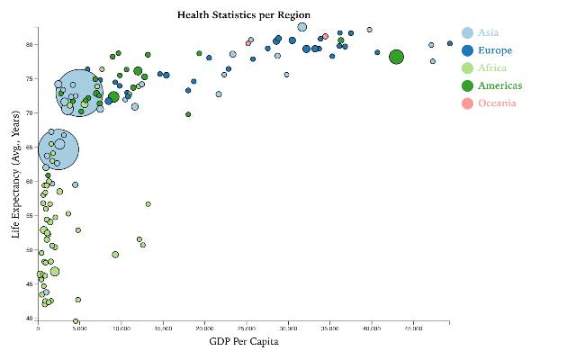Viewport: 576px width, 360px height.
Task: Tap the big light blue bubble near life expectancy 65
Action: (58, 149)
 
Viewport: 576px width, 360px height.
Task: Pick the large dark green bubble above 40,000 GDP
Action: (396, 58)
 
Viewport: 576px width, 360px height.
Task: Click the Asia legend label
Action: (489, 32)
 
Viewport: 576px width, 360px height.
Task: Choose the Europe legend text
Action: (494, 50)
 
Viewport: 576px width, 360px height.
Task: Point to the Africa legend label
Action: (492, 67)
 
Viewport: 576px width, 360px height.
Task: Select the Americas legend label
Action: (499, 85)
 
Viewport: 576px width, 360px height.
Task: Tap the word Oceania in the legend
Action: (498, 103)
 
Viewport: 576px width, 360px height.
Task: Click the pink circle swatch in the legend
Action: (467, 103)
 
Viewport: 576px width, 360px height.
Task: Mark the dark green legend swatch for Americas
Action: (467, 85)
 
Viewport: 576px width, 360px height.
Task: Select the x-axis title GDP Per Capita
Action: (243, 342)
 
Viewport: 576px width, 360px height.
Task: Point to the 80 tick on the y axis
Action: (30, 44)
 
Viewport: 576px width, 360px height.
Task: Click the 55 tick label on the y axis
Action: (30, 215)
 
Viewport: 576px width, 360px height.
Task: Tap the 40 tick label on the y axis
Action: (30, 318)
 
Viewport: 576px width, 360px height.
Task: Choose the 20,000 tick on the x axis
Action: (204, 328)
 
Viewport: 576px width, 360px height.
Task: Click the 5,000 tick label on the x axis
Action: (79, 328)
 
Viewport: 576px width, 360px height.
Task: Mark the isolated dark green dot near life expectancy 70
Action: (188, 114)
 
